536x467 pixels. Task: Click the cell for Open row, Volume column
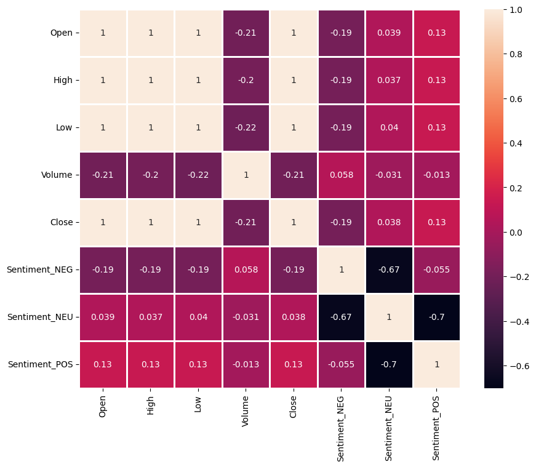coord(246,33)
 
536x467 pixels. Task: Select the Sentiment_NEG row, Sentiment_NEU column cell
coord(389,269)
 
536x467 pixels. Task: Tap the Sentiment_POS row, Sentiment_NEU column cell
coord(389,364)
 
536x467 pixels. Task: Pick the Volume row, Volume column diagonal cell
coord(246,175)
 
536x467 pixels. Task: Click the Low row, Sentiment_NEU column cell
coord(389,127)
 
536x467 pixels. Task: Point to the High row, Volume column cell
coord(246,80)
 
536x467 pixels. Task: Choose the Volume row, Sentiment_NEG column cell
coord(342,175)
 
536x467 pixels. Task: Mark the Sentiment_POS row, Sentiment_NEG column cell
coord(342,364)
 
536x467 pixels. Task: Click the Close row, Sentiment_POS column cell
coord(436,222)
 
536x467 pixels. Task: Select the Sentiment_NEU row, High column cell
coord(151,317)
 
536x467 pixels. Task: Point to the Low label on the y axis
coord(63,127)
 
